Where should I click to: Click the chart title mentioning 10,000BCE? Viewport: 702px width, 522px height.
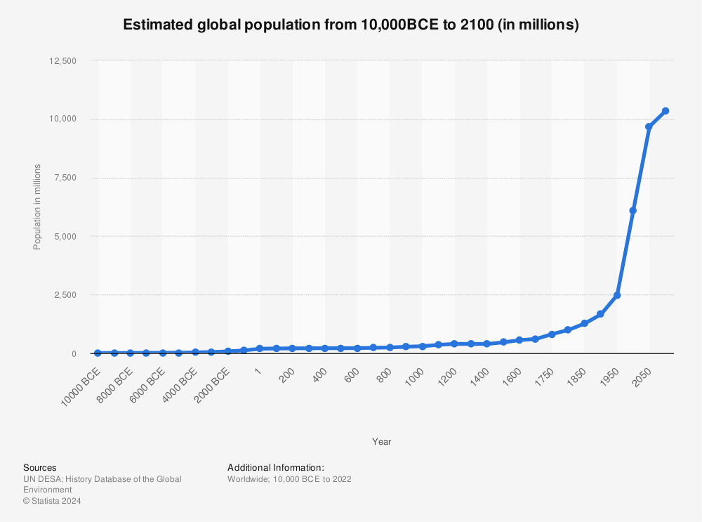pos(350,25)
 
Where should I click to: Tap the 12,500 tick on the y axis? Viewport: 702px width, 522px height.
pos(62,61)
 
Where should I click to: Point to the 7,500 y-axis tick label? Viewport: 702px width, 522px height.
pos(64,178)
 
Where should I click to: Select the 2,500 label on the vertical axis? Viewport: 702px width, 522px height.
pos(64,295)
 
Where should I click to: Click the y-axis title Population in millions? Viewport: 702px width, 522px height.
pos(37,207)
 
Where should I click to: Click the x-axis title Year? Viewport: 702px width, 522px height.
pos(382,442)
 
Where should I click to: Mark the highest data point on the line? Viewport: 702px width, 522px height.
pos(665,111)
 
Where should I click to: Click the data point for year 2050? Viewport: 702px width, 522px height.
pos(649,127)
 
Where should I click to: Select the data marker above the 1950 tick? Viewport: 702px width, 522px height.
pos(617,295)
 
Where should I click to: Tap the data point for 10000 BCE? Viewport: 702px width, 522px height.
pos(98,353)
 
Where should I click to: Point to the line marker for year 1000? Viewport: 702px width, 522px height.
pos(422,346)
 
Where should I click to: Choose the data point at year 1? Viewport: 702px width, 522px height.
pos(260,348)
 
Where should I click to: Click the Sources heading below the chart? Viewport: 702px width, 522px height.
pos(40,467)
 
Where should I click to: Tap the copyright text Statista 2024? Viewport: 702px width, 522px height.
pos(52,501)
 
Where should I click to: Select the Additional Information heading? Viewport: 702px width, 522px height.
pos(276,467)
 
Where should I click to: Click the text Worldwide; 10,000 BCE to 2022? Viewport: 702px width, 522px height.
pos(289,479)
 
